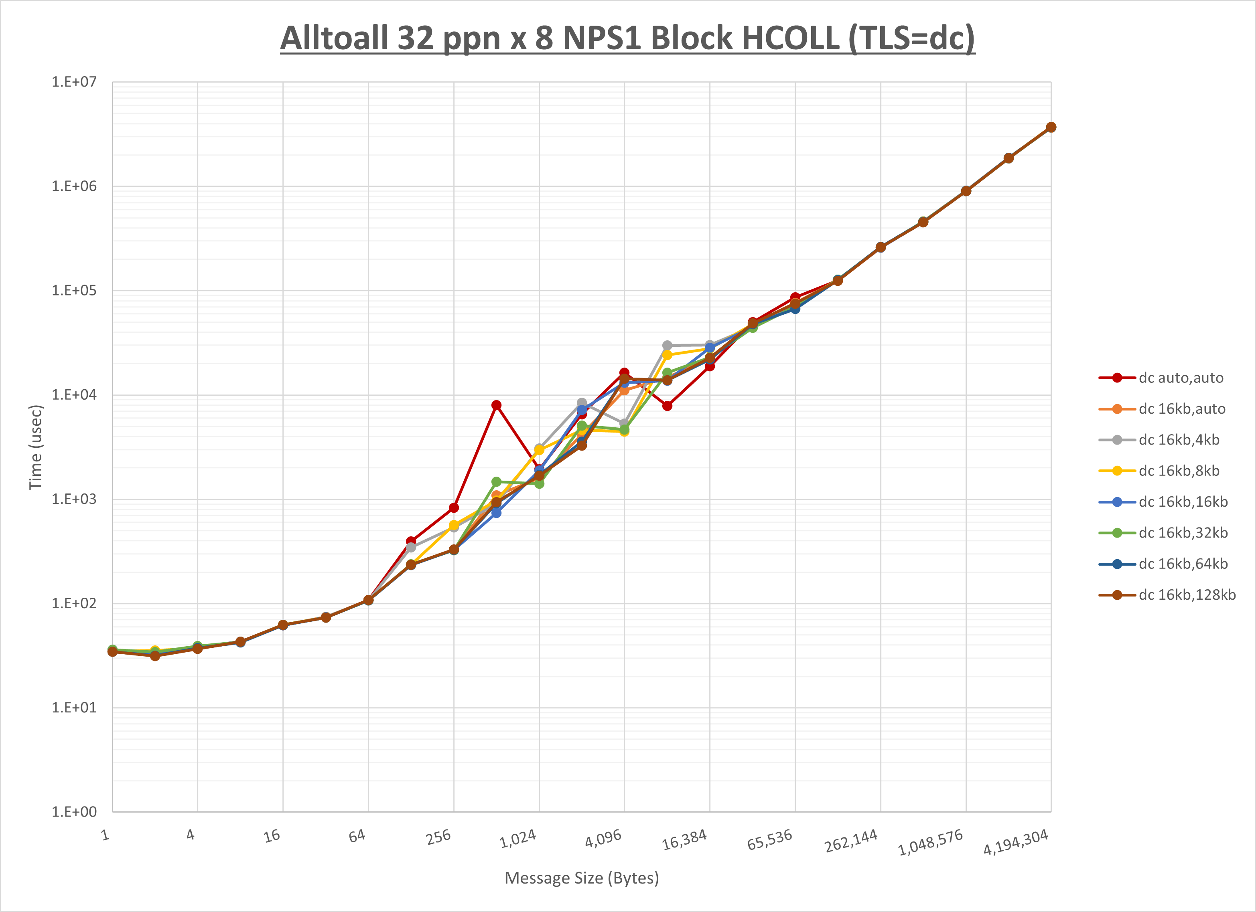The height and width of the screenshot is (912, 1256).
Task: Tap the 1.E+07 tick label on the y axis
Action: pos(74,82)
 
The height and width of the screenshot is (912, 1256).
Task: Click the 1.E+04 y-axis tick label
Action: pos(74,394)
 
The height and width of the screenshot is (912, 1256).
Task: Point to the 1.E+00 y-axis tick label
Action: pos(74,812)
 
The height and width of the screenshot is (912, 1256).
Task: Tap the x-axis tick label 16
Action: pos(272,835)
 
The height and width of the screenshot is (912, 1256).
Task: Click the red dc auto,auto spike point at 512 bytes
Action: pos(496,405)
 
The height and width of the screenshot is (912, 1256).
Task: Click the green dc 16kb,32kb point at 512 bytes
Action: pos(496,481)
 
